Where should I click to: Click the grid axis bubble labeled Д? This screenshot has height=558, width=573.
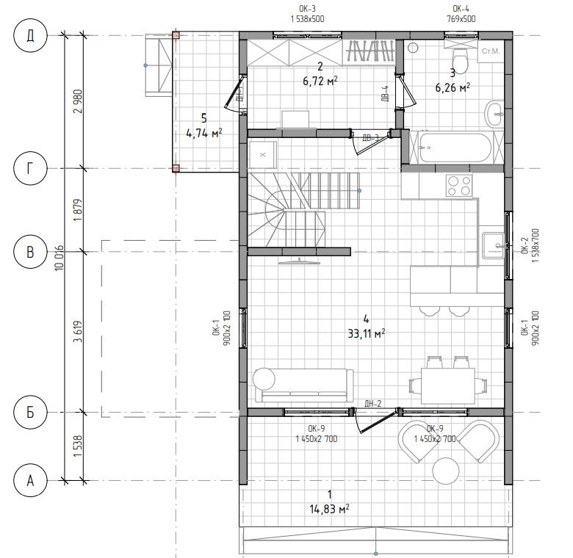[x=30, y=36]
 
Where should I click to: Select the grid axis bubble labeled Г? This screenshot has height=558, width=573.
[x=30, y=169]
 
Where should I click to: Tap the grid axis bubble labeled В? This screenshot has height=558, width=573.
[x=30, y=252]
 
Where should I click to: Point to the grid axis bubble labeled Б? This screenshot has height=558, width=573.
[x=30, y=413]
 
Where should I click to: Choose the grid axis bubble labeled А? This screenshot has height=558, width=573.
[x=30, y=480]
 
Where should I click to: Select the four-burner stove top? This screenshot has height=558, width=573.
[x=459, y=186]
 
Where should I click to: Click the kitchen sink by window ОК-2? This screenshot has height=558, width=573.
[x=494, y=245]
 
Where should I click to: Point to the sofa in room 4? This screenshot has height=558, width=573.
[x=303, y=385]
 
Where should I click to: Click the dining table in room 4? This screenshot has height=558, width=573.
[x=448, y=385]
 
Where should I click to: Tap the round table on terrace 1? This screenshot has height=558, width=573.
[x=446, y=471]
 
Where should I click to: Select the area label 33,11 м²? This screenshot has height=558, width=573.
[x=366, y=333]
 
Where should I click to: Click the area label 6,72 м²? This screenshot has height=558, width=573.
[x=320, y=81]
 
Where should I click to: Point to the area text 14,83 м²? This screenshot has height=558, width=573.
[x=329, y=509]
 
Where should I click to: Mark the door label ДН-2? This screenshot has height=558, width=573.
[x=372, y=403]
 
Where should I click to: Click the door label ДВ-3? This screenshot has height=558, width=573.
[x=370, y=138]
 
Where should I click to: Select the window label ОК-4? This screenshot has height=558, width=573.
[x=461, y=9]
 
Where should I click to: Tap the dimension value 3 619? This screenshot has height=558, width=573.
[x=78, y=332]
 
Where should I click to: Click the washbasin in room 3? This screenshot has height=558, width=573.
[x=494, y=115]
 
